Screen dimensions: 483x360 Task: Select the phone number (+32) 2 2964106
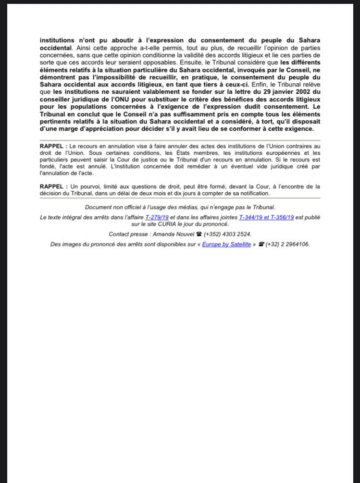pos(288,245)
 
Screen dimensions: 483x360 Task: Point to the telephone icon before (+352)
pos(199,234)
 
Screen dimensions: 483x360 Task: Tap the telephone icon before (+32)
pos(261,245)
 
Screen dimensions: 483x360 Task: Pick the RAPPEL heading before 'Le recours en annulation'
pos(53,145)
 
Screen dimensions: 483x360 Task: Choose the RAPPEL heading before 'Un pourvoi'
pos(53,186)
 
